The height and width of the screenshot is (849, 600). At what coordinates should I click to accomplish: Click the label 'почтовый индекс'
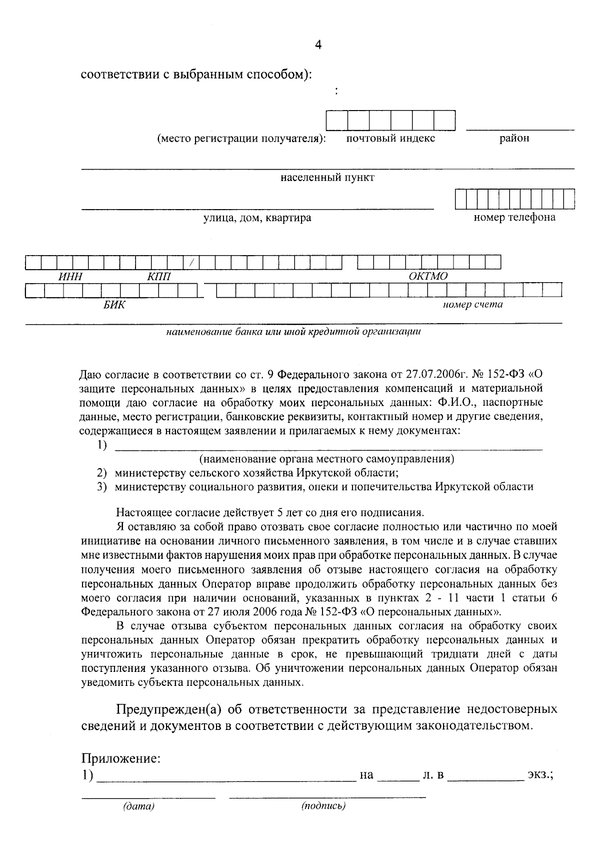[390, 138]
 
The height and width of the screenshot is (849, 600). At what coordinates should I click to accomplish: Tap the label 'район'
[514, 138]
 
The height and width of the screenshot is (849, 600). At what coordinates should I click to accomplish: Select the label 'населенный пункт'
[327, 178]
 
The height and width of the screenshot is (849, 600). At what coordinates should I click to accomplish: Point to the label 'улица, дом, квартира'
[257, 218]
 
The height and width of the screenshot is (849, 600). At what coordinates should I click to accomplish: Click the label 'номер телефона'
[514, 217]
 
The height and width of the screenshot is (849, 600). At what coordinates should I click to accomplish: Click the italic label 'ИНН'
[70, 276]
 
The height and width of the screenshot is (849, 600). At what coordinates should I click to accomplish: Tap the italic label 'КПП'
[158, 276]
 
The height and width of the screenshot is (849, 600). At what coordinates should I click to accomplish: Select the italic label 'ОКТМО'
[428, 276]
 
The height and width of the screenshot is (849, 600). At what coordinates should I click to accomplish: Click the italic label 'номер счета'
[472, 304]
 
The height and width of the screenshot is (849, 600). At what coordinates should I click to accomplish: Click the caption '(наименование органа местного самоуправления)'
[327, 459]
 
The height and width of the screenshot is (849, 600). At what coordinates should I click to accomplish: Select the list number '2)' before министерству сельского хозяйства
[102, 473]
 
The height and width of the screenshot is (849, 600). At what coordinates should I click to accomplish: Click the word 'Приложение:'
[121, 758]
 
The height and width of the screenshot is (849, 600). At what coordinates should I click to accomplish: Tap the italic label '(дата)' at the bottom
[138, 806]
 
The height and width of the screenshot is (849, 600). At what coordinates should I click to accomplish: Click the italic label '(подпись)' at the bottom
[323, 806]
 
